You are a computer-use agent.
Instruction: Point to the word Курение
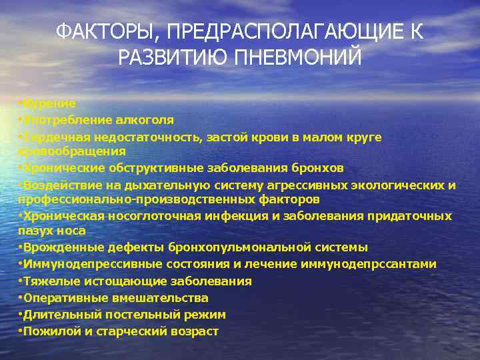[49, 104]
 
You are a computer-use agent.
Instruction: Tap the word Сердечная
[54, 137]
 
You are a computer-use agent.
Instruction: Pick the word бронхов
[321, 167]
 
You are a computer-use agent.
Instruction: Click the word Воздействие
[59, 185]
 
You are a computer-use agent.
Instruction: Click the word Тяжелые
[47, 281]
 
